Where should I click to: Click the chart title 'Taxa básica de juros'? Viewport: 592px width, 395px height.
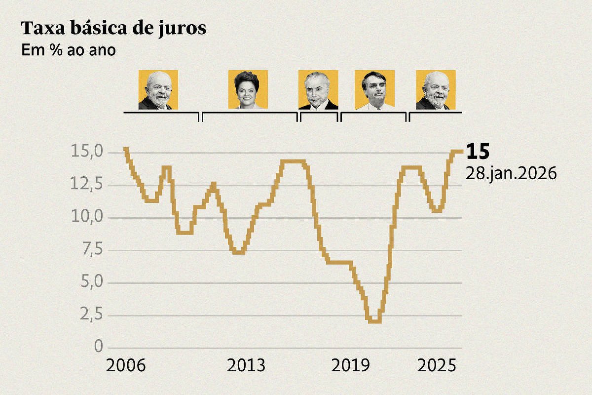[113, 29]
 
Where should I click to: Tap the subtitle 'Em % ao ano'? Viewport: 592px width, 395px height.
[69, 50]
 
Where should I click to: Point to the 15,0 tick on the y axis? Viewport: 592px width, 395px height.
[87, 152]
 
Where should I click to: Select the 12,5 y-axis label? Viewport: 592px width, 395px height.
[87, 185]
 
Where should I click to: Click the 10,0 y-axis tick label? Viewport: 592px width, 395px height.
[87, 217]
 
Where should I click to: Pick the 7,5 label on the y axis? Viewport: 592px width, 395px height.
[90, 250]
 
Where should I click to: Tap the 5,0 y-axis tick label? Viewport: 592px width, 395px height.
[90, 282]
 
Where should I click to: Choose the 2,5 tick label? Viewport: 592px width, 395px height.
[90, 315]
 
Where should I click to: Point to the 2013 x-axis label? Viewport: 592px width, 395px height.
[246, 366]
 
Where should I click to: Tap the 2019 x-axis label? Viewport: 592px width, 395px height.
[350, 366]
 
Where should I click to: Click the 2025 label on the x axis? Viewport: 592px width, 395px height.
[436, 366]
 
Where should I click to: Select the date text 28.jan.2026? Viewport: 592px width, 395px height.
[511, 174]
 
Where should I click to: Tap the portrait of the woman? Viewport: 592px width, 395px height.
[248, 89]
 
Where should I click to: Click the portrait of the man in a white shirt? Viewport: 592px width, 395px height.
[374, 89]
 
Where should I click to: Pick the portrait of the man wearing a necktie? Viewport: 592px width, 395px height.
[318, 89]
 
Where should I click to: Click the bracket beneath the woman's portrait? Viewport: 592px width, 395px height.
[250, 113]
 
